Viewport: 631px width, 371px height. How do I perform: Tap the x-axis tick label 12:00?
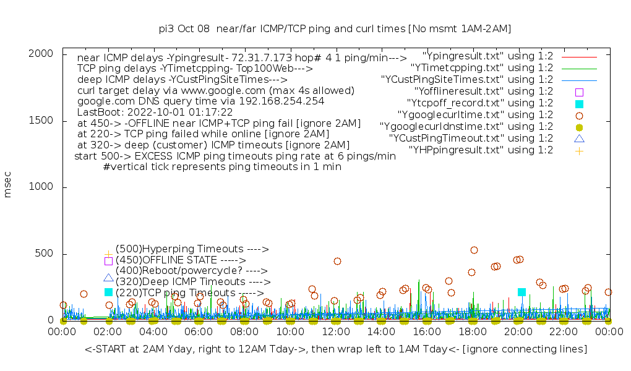click(x=336, y=332)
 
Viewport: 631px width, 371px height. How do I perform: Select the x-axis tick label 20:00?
click(x=518, y=332)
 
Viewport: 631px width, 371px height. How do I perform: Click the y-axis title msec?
click(x=8, y=186)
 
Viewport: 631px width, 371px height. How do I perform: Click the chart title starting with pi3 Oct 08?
click(x=335, y=28)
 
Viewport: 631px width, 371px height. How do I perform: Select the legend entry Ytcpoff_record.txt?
click(x=480, y=103)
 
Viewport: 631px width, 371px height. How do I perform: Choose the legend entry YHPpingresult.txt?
click(x=481, y=150)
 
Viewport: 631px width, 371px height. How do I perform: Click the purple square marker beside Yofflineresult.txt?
click(x=579, y=92)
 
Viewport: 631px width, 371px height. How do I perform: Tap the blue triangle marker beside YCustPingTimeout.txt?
click(x=579, y=139)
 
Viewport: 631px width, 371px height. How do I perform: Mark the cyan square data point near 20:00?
click(x=522, y=292)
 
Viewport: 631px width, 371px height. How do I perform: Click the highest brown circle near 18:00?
click(x=474, y=250)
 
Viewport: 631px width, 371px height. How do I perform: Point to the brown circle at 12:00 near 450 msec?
click(x=337, y=261)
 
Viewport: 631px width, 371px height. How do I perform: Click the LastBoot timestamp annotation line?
click(x=155, y=113)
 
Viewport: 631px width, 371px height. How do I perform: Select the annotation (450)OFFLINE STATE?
click(x=181, y=260)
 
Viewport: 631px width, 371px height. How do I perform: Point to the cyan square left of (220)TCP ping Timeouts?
click(x=108, y=292)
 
